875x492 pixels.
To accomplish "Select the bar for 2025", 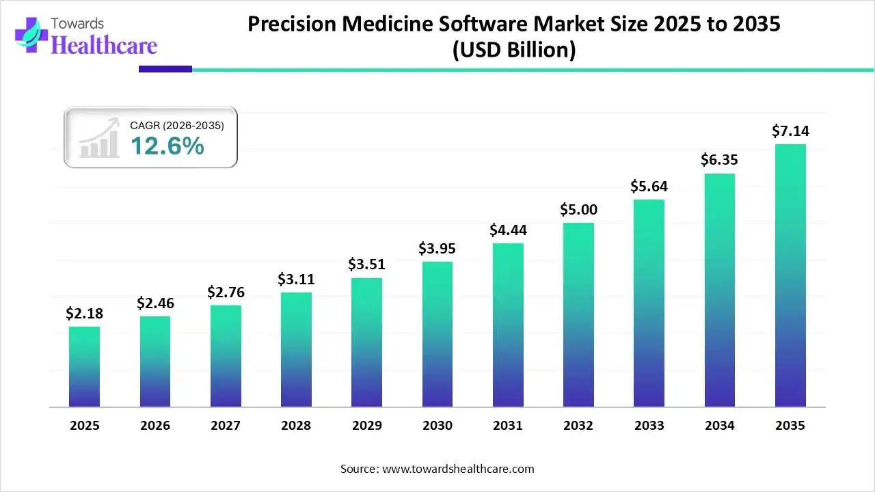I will pos(84,367).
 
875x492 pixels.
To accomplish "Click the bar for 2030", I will pos(437,334).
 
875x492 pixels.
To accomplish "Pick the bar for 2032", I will pos(578,315).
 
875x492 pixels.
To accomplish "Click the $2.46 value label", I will pos(155,303).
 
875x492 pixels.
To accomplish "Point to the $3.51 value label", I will pos(367,264).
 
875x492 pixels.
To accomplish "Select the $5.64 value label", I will pos(649,186).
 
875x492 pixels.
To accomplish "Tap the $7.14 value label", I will pos(790,131).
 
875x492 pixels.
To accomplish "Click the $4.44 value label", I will pos(508,230).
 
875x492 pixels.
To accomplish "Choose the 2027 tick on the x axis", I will pos(226,426).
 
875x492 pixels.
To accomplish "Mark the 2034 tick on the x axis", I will pos(720,426).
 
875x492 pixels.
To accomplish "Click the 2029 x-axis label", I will pos(367,426).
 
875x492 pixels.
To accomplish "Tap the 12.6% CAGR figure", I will pos(167,146).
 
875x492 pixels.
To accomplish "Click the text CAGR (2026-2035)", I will pos(177,125).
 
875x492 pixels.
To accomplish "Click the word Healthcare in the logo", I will pos(105,45).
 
